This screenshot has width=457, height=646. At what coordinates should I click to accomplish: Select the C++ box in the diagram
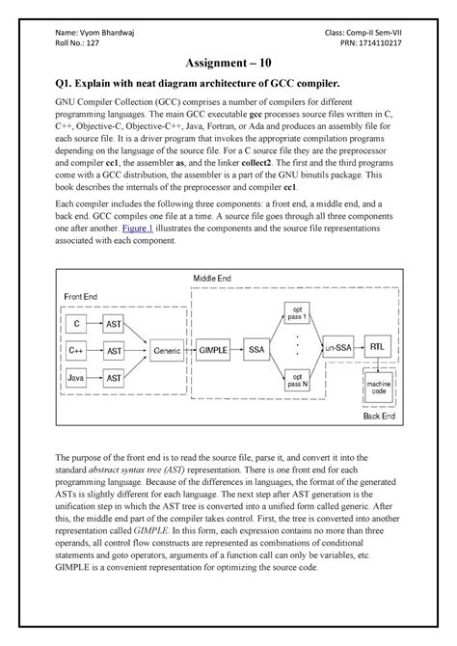coord(76,352)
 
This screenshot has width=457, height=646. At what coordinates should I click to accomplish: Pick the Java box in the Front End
coord(76,381)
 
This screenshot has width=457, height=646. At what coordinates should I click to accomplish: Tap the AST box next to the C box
coord(113,324)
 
